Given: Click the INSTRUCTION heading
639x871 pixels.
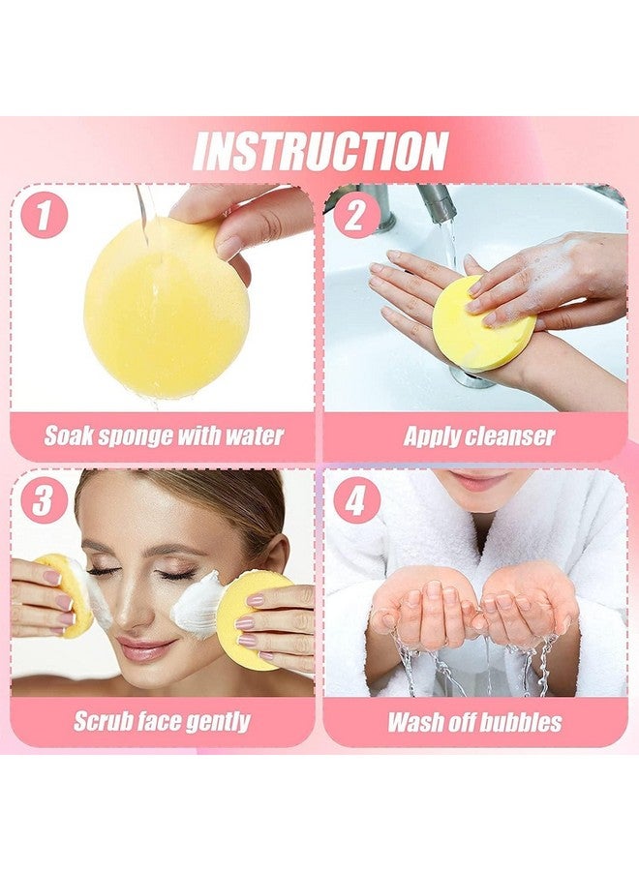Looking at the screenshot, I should click(319, 151).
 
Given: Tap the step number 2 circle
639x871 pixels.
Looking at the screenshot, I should click(355, 215).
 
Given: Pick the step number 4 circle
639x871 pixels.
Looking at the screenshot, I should click(356, 501).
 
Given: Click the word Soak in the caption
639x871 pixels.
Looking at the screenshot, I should click(70, 435).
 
